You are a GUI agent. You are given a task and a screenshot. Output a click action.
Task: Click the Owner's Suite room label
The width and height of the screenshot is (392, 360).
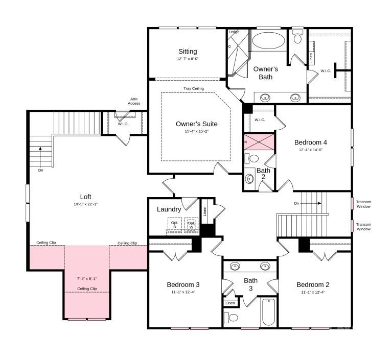(196, 124)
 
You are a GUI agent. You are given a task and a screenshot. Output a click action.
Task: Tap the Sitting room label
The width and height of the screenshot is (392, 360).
(188, 52)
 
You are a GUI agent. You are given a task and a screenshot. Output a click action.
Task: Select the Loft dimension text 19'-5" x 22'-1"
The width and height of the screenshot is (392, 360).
(85, 204)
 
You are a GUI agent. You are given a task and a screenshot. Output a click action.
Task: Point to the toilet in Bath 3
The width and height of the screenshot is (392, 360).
(233, 317)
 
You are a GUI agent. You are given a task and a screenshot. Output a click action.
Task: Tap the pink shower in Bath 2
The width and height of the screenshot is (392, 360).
(259, 141)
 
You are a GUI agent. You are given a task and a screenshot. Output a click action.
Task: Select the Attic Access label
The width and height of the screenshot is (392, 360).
(134, 101)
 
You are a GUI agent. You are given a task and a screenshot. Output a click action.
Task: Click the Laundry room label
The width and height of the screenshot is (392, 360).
(169, 209)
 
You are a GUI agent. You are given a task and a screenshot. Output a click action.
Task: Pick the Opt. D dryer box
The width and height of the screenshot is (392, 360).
(175, 225)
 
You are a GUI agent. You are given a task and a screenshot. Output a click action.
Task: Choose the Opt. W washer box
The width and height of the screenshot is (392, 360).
(191, 225)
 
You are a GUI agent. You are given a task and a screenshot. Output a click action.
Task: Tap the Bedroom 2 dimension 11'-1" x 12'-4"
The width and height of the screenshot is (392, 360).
(313, 292)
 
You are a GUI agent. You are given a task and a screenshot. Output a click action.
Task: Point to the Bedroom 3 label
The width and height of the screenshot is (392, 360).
(183, 284)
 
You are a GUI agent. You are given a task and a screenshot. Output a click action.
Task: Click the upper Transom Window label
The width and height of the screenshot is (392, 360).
(363, 204)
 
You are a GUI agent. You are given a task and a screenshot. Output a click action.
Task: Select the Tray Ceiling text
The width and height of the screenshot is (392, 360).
(194, 89)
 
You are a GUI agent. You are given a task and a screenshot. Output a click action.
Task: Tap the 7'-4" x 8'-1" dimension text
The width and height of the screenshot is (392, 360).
(86, 279)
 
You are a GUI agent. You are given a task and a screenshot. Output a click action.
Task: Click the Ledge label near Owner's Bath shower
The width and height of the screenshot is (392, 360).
(234, 32)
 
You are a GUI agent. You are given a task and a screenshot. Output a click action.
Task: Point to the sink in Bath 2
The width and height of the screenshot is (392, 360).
(249, 179)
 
